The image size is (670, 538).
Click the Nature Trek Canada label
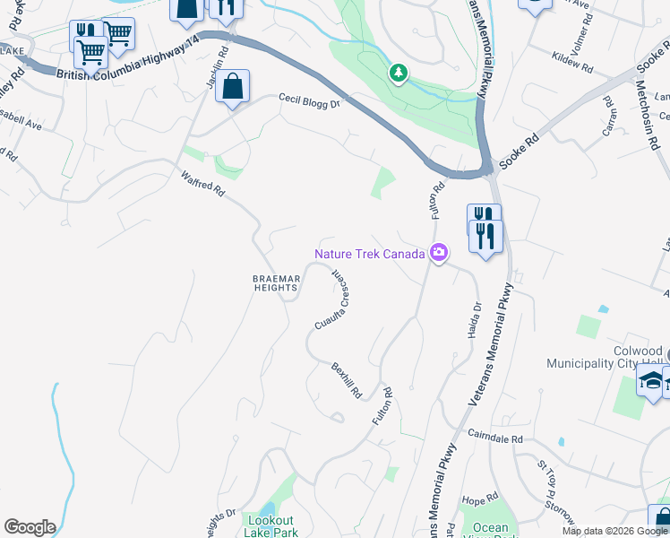369,254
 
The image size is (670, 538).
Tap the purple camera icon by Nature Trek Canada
438,254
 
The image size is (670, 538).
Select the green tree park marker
398,72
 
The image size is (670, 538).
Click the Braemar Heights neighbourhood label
274,283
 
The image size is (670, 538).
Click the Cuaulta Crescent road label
330,299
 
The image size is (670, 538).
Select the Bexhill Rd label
346,380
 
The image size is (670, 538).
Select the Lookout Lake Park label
270,526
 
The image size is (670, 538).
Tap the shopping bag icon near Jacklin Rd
232,88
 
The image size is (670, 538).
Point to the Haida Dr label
474,319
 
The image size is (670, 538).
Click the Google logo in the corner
30,527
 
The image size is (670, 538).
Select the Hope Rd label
480,498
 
